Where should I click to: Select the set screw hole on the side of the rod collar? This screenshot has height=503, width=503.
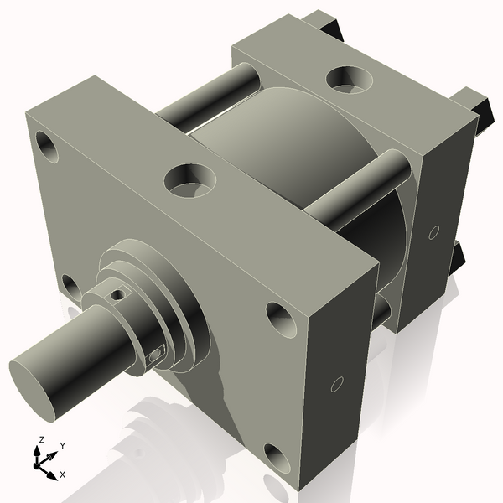[x=153, y=355]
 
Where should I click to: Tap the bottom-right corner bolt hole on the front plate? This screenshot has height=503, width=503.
[x=277, y=458]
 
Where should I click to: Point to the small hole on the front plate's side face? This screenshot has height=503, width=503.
[x=337, y=384]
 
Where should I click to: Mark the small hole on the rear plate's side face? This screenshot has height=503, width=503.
[x=433, y=231]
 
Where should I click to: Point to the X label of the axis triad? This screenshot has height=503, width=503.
[x=63, y=474]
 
